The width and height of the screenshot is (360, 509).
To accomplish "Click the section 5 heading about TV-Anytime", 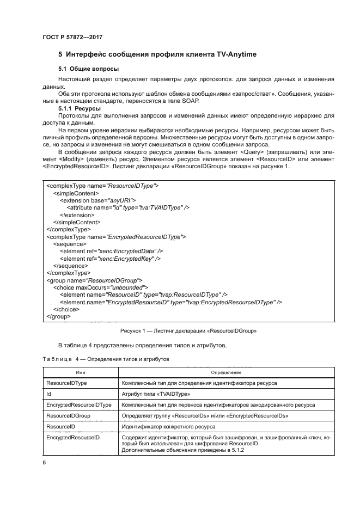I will point(157,55).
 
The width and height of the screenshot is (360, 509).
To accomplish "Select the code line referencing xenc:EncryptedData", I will point(111,251).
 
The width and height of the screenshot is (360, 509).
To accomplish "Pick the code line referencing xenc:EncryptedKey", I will point(110,259).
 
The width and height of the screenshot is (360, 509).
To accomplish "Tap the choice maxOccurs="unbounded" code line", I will point(100,287).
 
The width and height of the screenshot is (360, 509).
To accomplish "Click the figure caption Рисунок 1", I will point(188,330).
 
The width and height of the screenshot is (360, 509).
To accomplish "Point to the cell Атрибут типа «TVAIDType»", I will point(155,394).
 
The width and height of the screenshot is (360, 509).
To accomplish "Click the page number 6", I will point(44,462).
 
